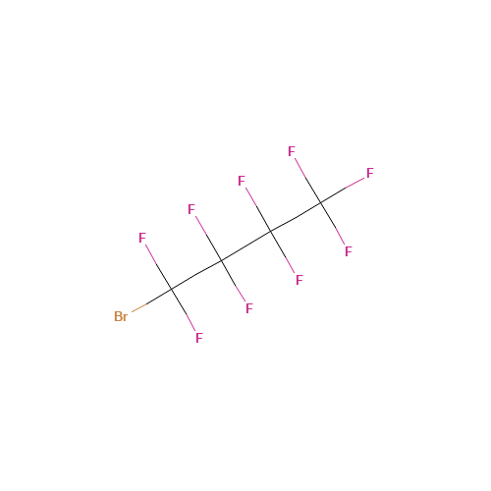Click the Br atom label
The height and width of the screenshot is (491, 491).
click(121, 316)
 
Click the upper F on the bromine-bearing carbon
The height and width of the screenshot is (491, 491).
click(142, 238)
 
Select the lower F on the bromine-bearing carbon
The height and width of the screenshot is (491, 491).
click(199, 338)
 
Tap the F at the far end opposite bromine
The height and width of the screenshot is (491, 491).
click(370, 173)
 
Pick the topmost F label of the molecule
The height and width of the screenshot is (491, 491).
click(292, 151)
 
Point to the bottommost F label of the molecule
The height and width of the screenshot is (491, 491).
click(199, 338)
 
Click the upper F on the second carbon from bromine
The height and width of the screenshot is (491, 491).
click(191, 209)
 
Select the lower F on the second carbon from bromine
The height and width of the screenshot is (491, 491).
click(249, 308)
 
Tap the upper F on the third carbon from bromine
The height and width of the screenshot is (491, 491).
click(242, 181)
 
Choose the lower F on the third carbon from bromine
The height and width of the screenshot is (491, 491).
click(300, 280)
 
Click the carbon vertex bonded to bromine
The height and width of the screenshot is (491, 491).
click(171, 290)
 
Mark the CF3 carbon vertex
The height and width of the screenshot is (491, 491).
click(320, 203)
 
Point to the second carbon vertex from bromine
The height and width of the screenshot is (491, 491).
click(221, 260)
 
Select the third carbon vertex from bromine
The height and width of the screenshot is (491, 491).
click(271, 232)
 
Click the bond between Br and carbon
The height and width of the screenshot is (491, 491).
click(151, 300)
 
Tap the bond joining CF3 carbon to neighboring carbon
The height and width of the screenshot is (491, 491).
click(296, 217)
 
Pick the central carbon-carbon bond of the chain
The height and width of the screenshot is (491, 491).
click(245, 246)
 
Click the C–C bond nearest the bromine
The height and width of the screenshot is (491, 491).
click(196, 275)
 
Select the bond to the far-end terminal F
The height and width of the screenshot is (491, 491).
click(343, 191)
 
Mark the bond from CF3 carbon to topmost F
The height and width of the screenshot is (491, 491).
click(307, 181)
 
